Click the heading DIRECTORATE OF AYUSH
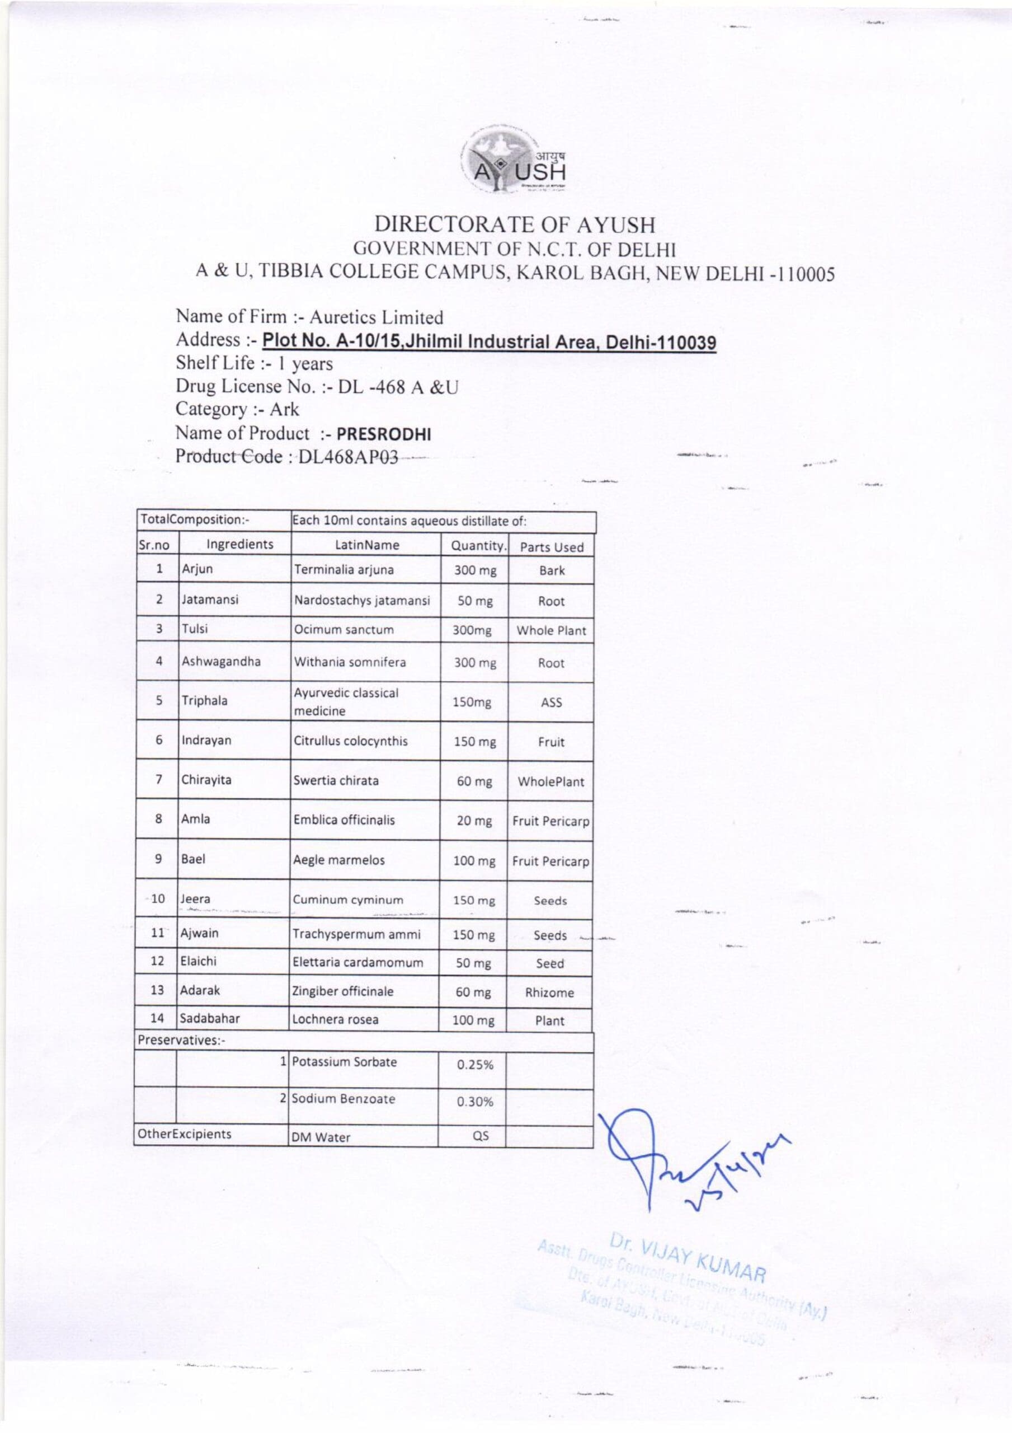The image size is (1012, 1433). click(515, 224)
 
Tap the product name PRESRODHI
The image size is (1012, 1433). click(384, 434)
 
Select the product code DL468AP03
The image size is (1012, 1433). click(348, 457)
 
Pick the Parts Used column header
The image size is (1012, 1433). click(552, 547)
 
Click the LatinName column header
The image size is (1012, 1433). click(367, 545)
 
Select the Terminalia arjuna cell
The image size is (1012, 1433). click(344, 570)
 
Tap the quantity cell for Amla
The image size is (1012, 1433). click(474, 821)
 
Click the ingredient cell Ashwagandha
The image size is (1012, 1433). click(221, 662)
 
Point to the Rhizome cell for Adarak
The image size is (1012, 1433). click(549, 992)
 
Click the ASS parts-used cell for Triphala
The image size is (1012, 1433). click(551, 702)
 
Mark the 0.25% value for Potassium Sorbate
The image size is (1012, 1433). click(475, 1065)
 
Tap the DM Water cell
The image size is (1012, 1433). click(321, 1137)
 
